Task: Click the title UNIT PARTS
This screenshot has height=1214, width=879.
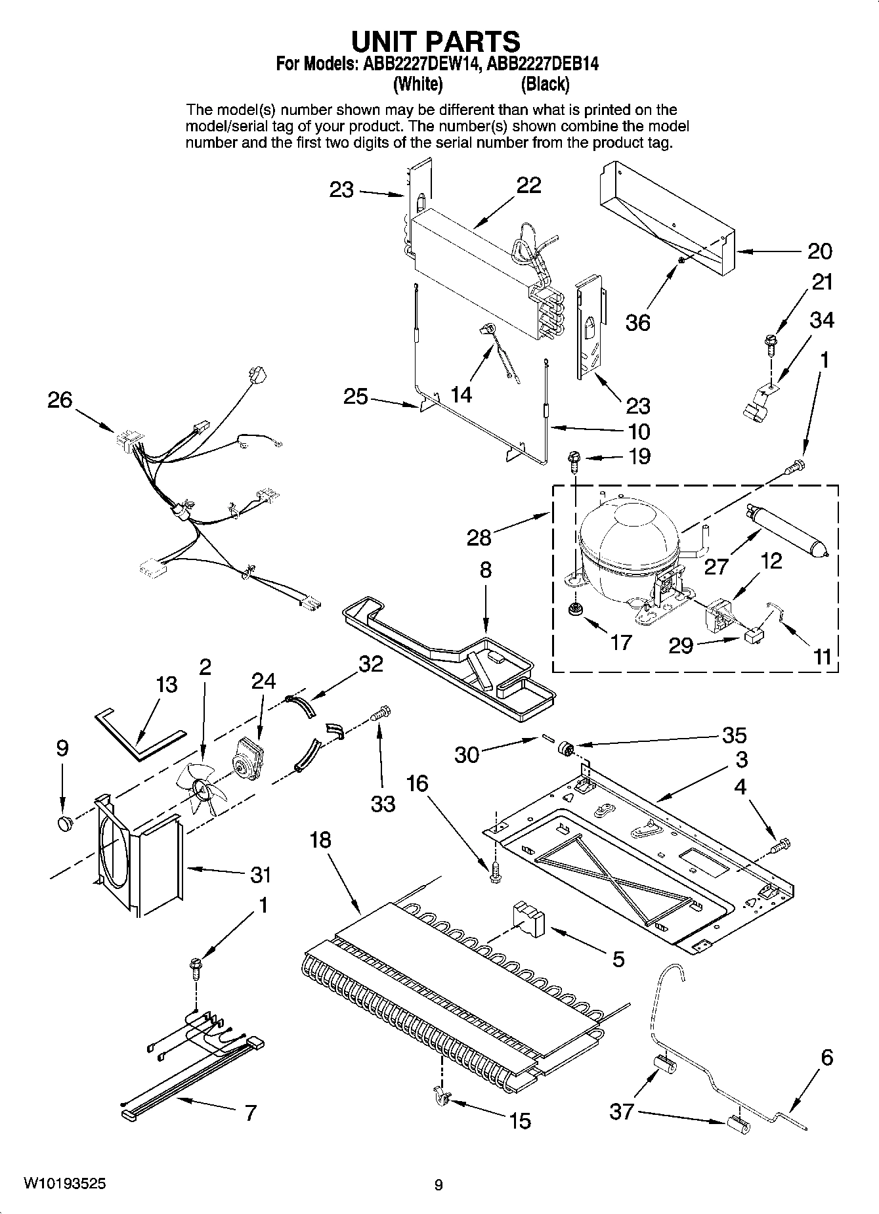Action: tap(436, 41)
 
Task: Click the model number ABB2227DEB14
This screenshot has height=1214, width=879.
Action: tap(544, 64)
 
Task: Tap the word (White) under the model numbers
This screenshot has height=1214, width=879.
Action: tap(418, 84)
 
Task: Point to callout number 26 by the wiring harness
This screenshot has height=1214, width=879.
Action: tap(60, 400)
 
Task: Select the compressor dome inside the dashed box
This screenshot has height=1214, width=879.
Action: tap(628, 535)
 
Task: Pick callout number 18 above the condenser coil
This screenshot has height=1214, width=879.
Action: tap(320, 840)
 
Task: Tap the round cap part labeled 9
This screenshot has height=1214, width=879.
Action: tap(64, 823)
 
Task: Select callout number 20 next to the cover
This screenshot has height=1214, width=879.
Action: tap(819, 251)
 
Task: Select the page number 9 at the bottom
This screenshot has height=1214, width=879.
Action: tap(439, 1184)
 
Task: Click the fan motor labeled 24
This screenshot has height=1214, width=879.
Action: tap(248, 756)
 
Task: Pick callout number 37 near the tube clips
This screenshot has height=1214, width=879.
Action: tap(622, 1111)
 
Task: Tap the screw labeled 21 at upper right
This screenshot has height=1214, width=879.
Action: tap(769, 343)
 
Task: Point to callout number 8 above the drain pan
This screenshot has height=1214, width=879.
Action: tap(485, 569)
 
